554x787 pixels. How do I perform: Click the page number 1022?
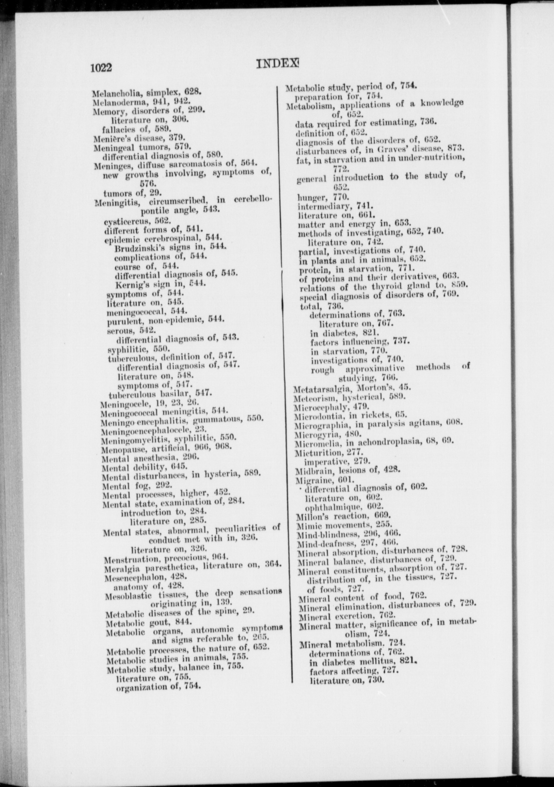(x=101, y=68)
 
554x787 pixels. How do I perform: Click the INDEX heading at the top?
(x=278, y=64)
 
